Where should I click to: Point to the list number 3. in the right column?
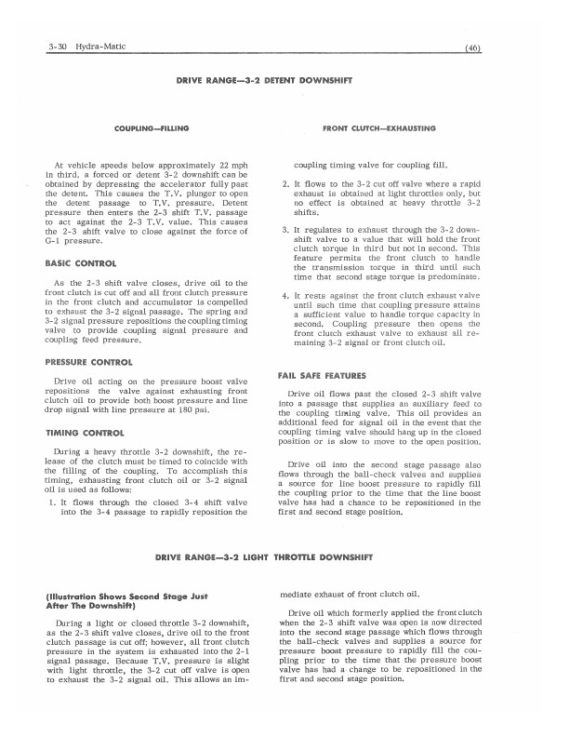284,229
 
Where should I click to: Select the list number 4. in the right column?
284,296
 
